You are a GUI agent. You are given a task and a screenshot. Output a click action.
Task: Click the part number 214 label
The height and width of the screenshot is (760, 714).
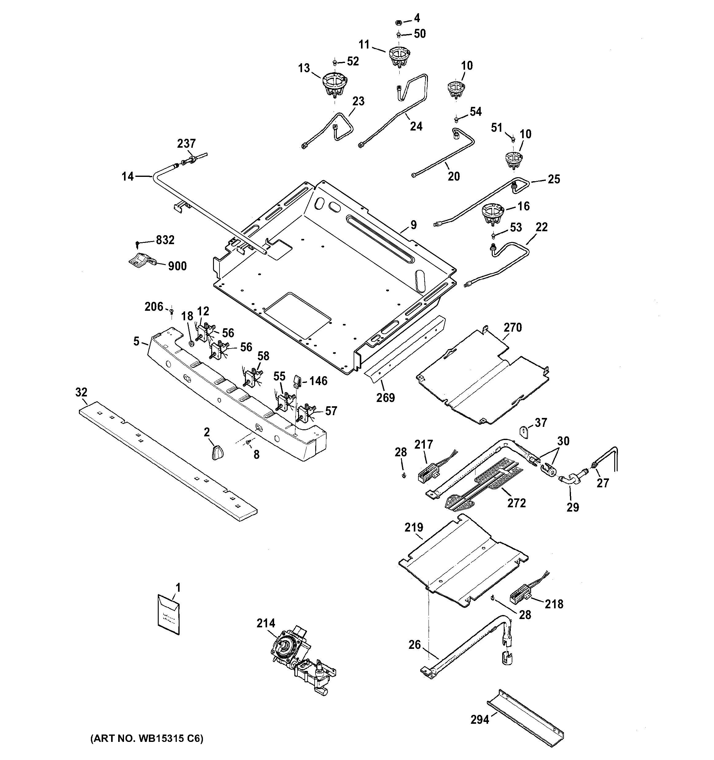point(266,624)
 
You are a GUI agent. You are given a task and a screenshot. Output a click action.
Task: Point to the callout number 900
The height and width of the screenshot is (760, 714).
point(177,266)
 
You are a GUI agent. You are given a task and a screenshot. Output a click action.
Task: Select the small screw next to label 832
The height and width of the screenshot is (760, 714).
point(138,243)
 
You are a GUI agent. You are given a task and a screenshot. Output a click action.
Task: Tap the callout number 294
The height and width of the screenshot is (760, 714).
point(480,720)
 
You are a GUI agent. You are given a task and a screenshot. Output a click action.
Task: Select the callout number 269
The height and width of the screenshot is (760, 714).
point(385,398)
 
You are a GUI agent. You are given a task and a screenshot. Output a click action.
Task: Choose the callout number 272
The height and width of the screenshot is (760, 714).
point(516,503)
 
